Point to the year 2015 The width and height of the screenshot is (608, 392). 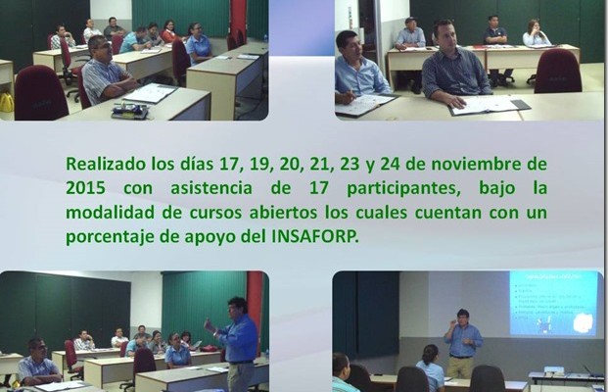click(x=85, y=188)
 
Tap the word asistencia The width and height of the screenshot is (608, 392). click(x=211, y=188)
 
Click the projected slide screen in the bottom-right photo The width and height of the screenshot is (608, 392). click(x=553, y=303)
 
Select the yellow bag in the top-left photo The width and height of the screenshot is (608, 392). click(x=6, y=103)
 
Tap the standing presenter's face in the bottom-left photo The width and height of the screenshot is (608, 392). click(x=237, y=308)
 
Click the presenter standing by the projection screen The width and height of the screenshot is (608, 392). click(x=462, y=343)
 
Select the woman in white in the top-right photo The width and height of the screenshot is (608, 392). click(x=536, y=33)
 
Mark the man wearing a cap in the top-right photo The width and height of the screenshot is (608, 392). click(x=410, y=34)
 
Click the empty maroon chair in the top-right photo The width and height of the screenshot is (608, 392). click(x=558, y=72)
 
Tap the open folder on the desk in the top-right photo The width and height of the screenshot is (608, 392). click(x=490, y=105)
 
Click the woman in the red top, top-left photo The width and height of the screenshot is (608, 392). click(x=168, y=31)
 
